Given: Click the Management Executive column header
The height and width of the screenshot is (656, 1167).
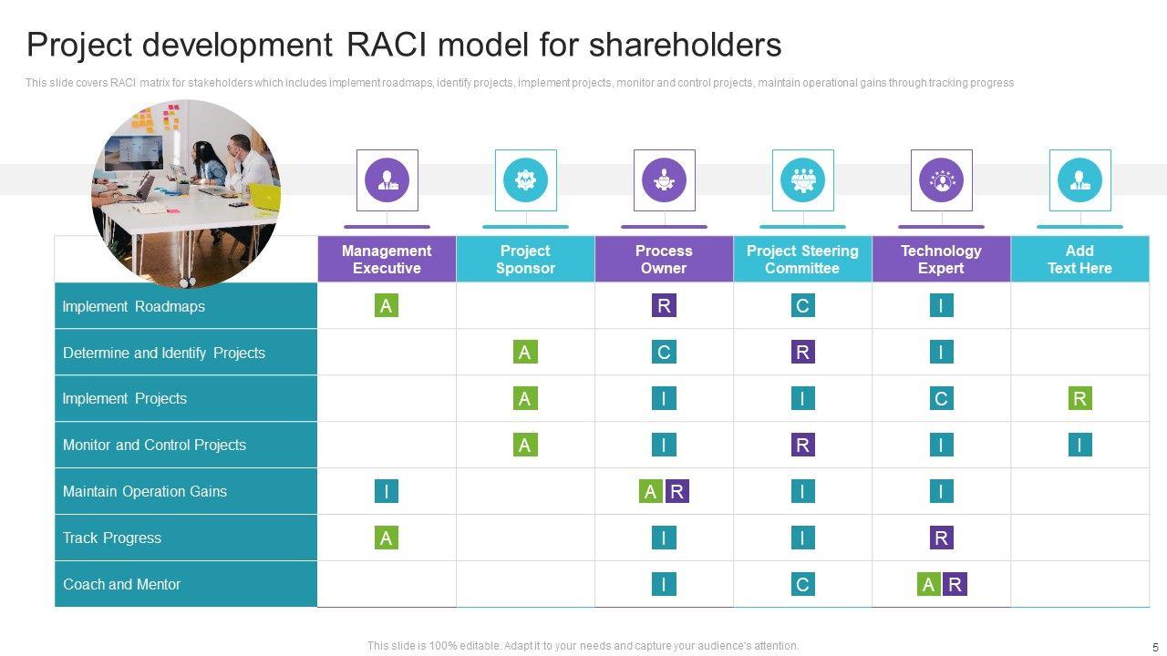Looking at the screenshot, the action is pyautogui.click(x=387, y=260).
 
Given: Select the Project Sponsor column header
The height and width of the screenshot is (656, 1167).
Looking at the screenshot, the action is pyautogui.click(x=525, y=260).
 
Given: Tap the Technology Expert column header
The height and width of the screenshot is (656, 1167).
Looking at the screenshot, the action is pyautogui.click(x=941, y=260).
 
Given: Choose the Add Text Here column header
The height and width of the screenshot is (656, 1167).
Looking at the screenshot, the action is pyautogui.click(x=1079, y=260).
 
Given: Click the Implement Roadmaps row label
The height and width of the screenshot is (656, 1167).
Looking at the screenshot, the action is pyautogui.click(x=133, y=306).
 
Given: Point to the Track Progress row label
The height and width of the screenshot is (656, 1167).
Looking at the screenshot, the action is pyautogui.click(x=112, y=538).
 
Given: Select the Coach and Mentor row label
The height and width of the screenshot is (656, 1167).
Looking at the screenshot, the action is pyautogui.click(x=121, y=584).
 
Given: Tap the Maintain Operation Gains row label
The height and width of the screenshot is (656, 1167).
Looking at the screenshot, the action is pyautogui.click(x=144, y=491).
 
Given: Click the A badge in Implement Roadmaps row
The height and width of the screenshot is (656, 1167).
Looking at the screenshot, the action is pyautogui.click(x=387, y=306).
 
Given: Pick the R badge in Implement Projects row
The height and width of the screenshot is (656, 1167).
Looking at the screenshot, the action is pyautogui.click(x=1079, y=398).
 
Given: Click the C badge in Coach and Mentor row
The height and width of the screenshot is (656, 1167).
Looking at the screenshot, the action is pyautogui.click(x=802, y=584).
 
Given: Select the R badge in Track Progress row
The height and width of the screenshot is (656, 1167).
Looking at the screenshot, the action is pyautogui.click(x=941, y=538).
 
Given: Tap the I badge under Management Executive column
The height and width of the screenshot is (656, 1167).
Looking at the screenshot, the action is pyautogui.click(x=387, y=491).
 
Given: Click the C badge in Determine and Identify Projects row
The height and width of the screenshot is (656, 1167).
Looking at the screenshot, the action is pyautogui.click(x=664, y=353).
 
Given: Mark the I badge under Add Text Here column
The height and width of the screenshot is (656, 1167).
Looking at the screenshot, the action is pyautogui.click(x=1079, y=445).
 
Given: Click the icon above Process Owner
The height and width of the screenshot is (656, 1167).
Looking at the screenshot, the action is pyautogui.click(x=664, y=180).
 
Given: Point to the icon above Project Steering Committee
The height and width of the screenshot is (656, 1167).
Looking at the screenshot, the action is pyautogui.click(x=802, y=180).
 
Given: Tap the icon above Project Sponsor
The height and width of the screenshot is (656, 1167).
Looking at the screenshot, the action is pyautogui.click(x=525, y=180).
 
